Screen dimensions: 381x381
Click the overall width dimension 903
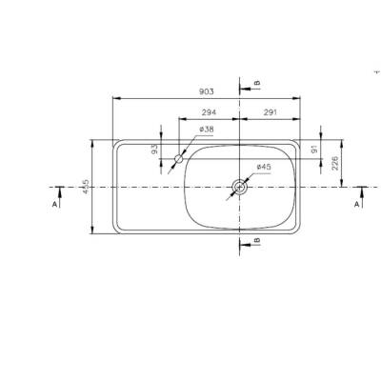pos(206,91)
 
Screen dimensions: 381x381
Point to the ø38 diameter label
pos(206,130)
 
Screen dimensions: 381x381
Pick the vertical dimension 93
pos(154,150)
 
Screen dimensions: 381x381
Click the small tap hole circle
pos(177,161)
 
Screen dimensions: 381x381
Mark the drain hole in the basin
pos(239,188)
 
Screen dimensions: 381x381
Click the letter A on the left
pos(54,204)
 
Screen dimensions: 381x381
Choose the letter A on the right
pos(357,204)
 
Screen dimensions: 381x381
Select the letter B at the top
pos(256,84)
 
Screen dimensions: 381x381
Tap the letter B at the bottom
pos(256,242)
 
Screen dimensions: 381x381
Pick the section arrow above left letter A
pos(59,191)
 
